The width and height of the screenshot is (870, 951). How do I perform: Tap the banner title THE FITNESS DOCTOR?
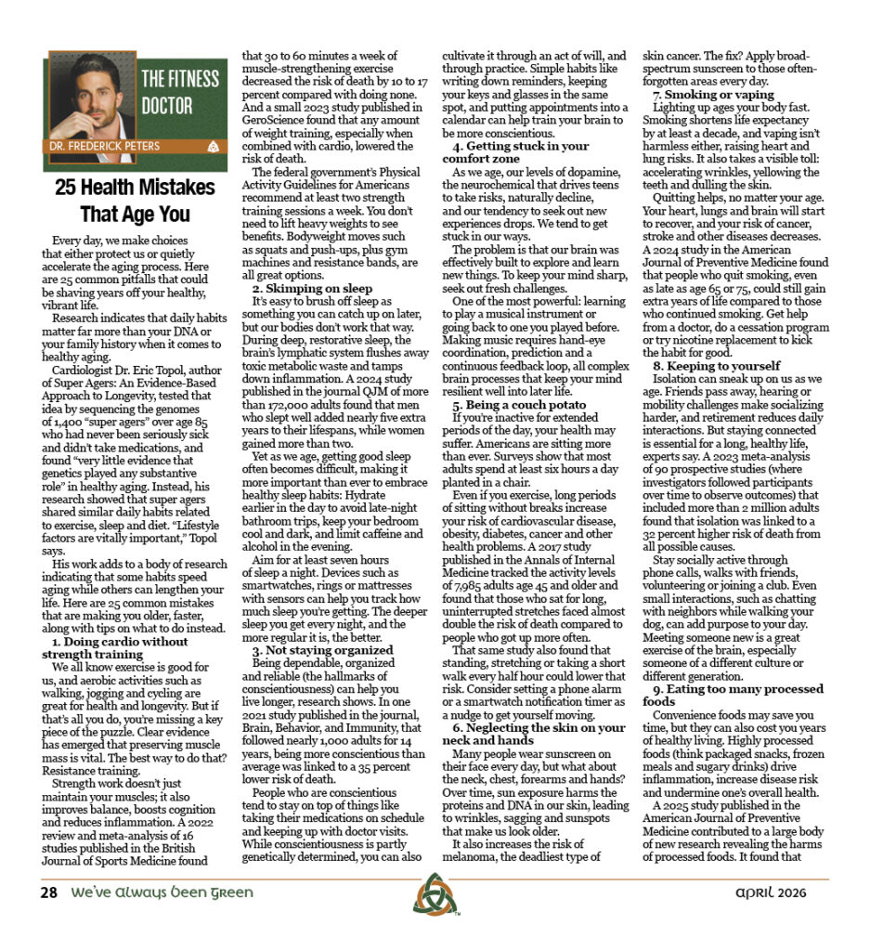[179, 92]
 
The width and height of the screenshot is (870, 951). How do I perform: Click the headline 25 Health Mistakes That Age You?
[135, 201]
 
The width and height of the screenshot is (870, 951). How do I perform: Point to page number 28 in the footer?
[48, 893]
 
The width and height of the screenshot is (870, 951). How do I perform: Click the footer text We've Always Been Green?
[159, 893]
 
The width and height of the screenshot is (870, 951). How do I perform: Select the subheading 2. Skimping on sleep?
[313, 289]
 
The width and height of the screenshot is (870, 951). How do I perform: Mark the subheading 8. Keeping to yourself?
[716, 366]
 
